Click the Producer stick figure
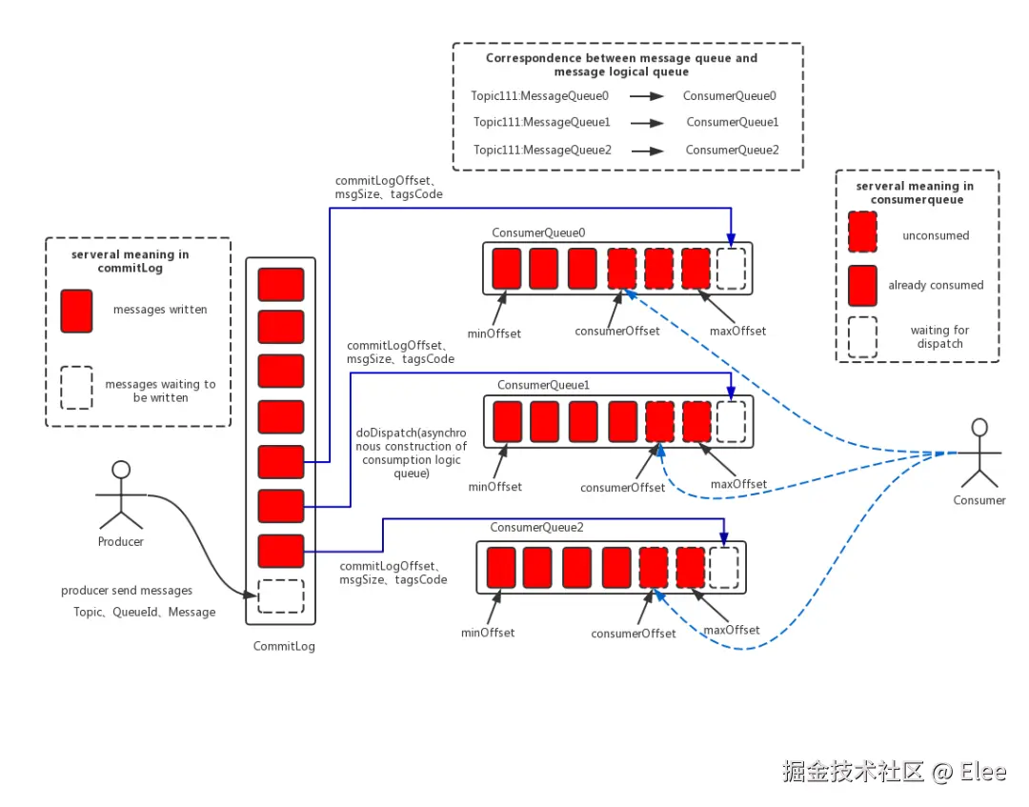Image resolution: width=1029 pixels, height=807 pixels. (x=120, y=495)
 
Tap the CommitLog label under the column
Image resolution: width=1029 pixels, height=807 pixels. (x=284, y=646)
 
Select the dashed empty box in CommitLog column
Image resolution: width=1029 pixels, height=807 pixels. (x=281, y=596)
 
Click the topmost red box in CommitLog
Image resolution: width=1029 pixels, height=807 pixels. (x=281, y=284)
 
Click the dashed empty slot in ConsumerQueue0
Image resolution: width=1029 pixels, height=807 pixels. (x=732, y=269)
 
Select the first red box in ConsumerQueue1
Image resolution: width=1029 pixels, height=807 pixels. (x=508, y=421)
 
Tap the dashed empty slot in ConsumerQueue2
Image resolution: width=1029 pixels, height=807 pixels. (x=724, y=567)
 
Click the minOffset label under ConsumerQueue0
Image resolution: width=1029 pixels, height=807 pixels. (x=494, y=333)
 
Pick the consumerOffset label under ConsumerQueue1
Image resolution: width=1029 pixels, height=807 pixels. (x=622, y=487)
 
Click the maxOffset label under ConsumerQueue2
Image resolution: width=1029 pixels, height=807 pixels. (x=731, y=630)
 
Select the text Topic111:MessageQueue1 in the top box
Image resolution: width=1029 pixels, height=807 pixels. (x=541, y=122)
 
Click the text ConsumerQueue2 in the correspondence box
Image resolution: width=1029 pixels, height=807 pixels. (x=732, y=150)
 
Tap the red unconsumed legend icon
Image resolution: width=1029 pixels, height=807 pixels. (x=862, y=232)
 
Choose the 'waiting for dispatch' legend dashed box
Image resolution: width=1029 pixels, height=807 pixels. (x=862, y=337)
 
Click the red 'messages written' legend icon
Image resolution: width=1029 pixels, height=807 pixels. (x=76, y=312)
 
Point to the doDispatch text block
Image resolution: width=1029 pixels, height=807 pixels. (x=411, y=453)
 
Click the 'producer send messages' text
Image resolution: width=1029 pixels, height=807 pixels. (x=127, y=591)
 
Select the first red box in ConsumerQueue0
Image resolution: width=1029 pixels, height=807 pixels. (x=507, y=269)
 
